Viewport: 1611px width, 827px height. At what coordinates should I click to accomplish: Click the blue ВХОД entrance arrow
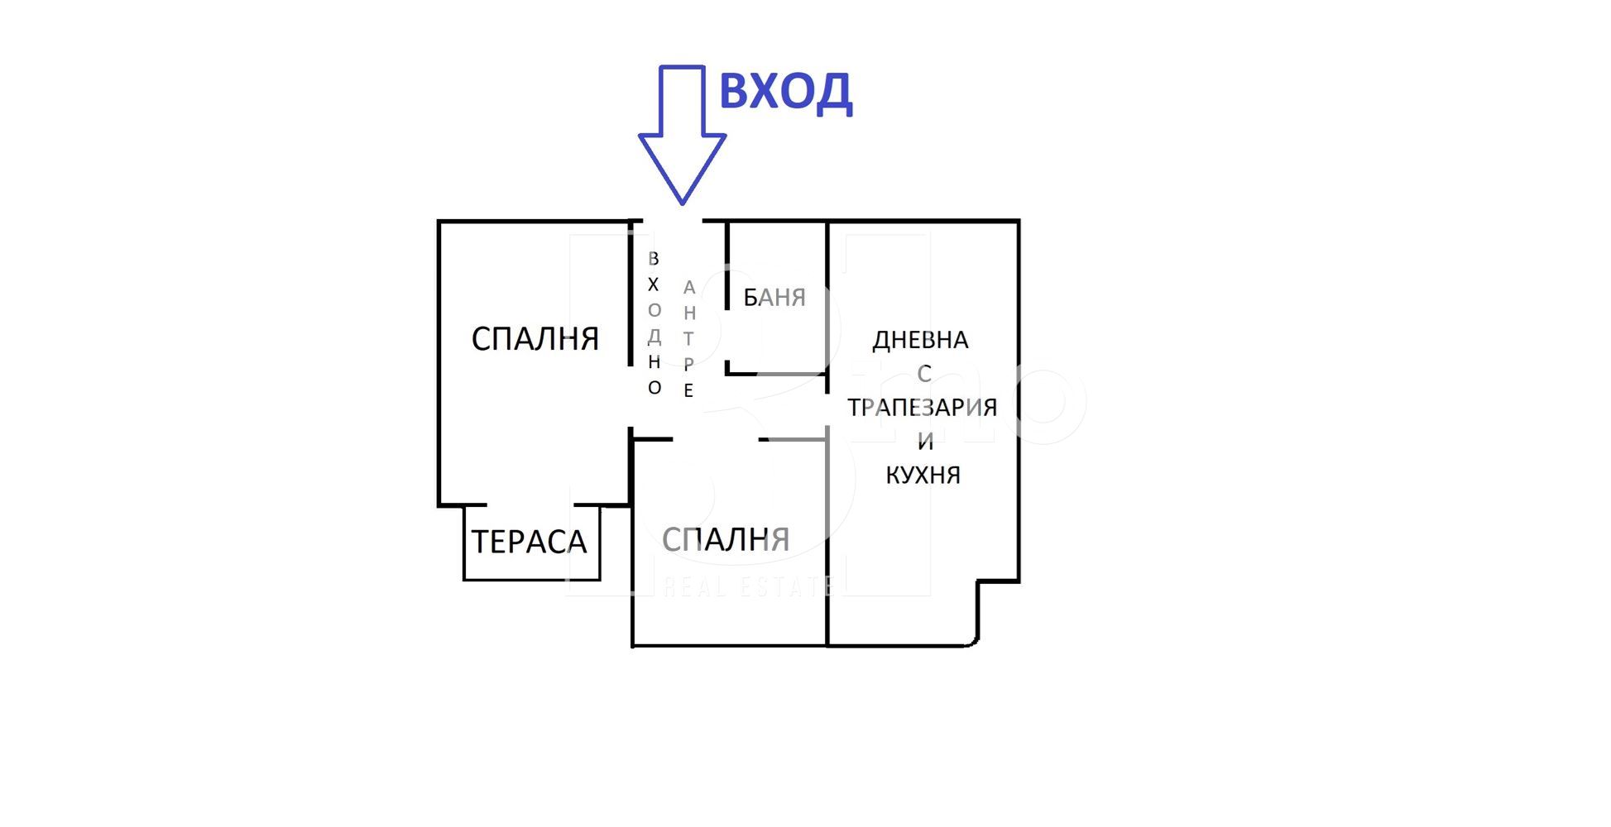coord(682,135)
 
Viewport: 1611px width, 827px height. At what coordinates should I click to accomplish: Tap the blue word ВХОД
coord(785,93)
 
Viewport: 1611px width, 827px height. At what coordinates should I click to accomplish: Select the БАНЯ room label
coord(774,297)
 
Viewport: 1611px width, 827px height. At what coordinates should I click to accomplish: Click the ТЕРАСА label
coord(529,542)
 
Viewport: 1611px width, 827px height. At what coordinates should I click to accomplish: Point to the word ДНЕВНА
coord(920,341)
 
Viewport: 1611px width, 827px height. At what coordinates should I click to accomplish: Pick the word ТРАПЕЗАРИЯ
coord(922,407)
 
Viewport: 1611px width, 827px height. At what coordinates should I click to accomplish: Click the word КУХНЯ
coord(923,475)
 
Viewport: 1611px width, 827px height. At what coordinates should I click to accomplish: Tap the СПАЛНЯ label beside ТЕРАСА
coord(535,338)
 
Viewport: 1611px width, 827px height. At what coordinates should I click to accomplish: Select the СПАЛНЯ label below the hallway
coord(726,539)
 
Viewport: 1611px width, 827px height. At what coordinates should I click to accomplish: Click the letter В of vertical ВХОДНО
coord(654,259)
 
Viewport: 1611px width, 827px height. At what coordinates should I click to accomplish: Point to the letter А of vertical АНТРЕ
coord(688,288)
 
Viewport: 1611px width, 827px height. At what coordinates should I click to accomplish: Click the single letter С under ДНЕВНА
coord(924,374)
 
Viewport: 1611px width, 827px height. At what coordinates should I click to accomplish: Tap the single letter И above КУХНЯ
coord(925,442)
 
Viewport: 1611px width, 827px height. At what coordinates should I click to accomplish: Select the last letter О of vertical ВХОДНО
coord(654,388)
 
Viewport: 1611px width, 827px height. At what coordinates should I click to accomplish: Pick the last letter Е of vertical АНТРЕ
coord(688,390)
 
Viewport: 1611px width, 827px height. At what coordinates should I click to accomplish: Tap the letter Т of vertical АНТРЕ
coord(688,339)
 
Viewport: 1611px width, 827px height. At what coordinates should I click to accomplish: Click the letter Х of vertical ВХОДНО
coord(654,284)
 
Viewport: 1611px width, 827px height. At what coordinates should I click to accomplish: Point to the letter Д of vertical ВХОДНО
coord(654,337)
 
